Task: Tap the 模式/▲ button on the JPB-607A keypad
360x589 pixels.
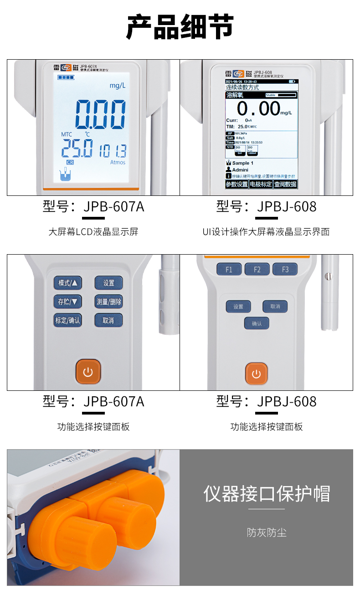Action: pyautogui.click(x=68, y=283)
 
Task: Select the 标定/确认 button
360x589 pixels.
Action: pyautogui.click(x=68, y=320)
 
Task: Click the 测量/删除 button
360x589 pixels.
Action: pyautogui.click(x=108, y=301)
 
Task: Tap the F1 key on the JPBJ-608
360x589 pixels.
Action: pyautogui.click(x=229, y=269)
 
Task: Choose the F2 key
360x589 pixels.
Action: pyautogui.click(x=257, y=269)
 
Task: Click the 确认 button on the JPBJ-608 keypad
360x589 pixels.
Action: pyautogui.click(x=257, y=323)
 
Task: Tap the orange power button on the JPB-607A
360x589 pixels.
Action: pyautogui.click(x=88, y=372)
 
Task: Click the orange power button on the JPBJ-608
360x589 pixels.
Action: pyautogui.click(x=257, y=374)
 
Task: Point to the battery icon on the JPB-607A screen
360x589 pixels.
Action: pyautogui.click(x=65, y=78)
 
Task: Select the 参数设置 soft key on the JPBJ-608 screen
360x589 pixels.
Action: pyautogui.click(x=237, y=184)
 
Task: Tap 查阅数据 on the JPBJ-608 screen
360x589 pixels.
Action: pyautogui.click(x=285, y=184)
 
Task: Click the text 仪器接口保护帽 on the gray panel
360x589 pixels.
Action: pyautogui.click(x=267, y=494)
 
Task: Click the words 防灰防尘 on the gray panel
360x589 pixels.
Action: pyautogui.click(x=267, y=532)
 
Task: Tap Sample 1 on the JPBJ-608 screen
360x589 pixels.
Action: pyautogui.click(x=243, y=163)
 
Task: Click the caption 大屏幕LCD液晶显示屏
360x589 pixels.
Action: pyautogui.click(x=93, y=232)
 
